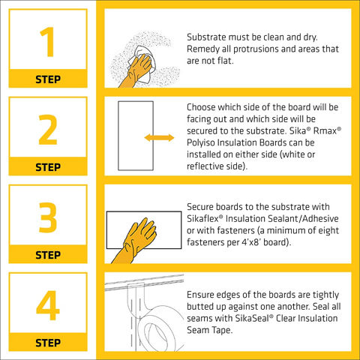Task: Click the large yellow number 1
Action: [x=48, y=42]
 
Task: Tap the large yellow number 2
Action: [x=48, y=130]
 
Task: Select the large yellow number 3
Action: [x=48, y=217]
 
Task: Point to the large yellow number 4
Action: [x=48, y=305]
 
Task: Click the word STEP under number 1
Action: [x=48, y=79]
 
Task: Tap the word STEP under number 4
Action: [x=48, y=343]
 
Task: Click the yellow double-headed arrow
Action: [x=159, y=137]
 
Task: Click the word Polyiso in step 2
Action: [x=201, y=142]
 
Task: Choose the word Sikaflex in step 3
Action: [x=202, y=218]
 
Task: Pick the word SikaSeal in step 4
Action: [x=252, y=318]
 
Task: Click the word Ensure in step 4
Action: [x=200, y=295]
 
